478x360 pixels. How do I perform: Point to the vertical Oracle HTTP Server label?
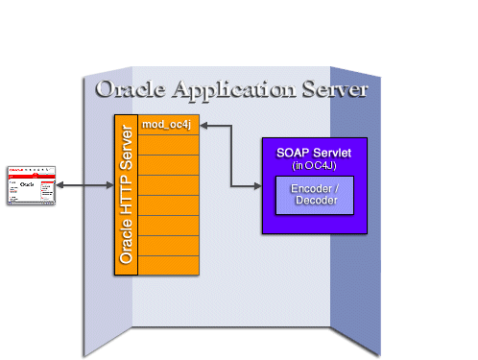[126, 195]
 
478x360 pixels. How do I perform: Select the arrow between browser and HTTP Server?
[84, 184]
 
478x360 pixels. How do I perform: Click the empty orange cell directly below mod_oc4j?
[170, 144]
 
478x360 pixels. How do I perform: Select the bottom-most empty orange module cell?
[170, 265]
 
